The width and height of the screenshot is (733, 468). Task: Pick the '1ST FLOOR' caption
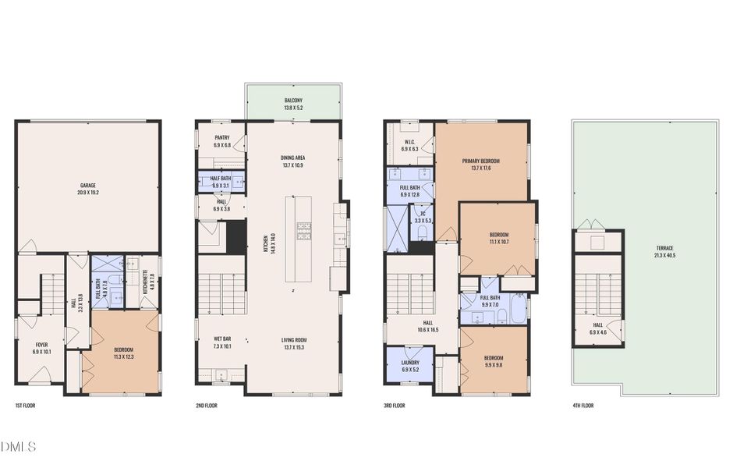click(x=25, y=406)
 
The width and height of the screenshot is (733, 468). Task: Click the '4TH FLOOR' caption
click(x=583, y=406)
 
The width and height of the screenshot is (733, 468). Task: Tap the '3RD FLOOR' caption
click(x=395, y=406)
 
